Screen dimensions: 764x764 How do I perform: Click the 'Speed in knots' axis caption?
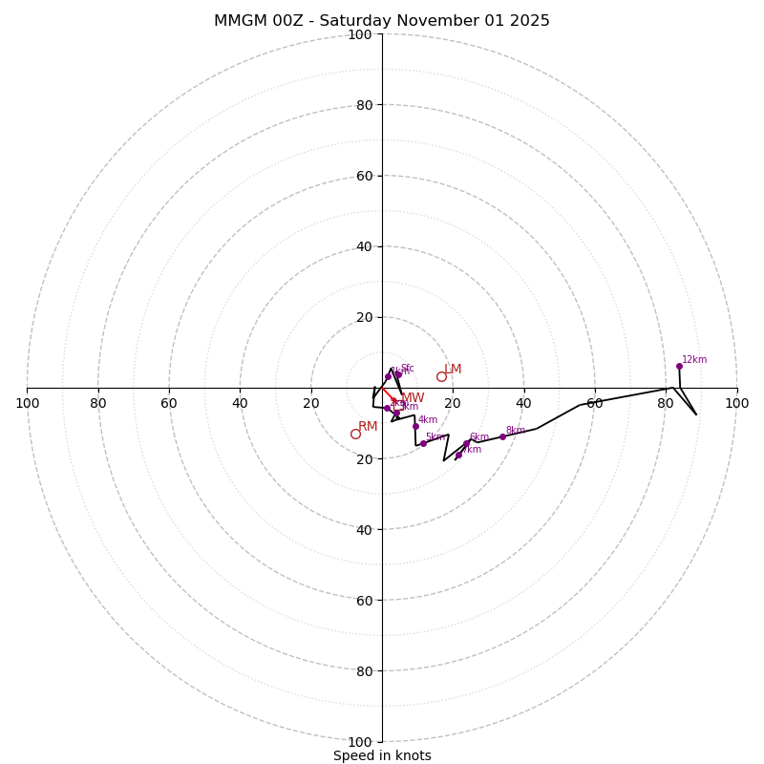(x=382, y=756)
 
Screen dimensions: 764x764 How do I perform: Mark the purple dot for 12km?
(x=679, y=366)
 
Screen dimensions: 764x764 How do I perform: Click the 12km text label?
(x=694, y=360)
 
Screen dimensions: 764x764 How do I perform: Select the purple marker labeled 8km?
(x=502, y=436)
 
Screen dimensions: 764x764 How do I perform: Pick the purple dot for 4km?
(x=415, y=426)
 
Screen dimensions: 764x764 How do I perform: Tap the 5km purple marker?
(x=423, y=443)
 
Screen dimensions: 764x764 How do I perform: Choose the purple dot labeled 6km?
(x=467, y=443)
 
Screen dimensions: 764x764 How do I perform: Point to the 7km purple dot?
(x=457, y=455)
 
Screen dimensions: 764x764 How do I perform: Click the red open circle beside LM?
(x=441, y=376)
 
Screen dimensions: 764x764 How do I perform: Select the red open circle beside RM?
(x=355, y=434)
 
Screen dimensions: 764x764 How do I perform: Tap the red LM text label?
(x=453, y=370)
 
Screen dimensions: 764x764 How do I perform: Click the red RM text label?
(x=368, y=427)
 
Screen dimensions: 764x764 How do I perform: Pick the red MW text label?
(x=413, y=398)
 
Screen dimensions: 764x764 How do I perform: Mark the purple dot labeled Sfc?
(x=398, y=374)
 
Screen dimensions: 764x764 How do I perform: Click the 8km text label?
(x=516, y=431)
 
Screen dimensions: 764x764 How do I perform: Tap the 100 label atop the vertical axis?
(x=359, y=35)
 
